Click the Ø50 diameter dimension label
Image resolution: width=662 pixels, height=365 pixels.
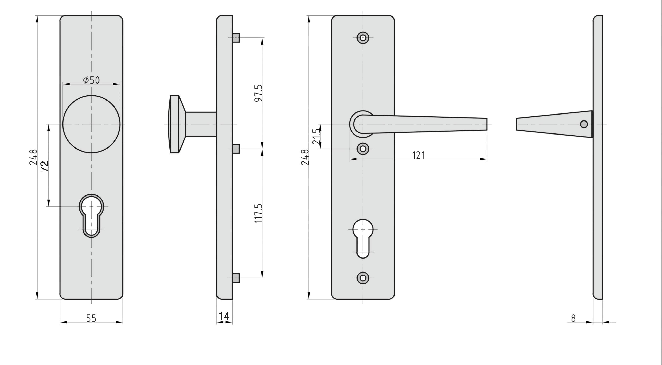click(91, 80)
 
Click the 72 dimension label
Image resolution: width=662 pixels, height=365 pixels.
click(44, 166)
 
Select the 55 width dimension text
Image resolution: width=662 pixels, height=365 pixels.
click(91, 318)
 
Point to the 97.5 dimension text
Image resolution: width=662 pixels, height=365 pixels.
click(258, 93)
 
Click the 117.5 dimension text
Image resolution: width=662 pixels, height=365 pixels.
click(258, 213)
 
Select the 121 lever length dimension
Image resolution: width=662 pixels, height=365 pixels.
click(418, 155)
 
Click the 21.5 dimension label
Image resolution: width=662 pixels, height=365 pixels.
click(316, 136)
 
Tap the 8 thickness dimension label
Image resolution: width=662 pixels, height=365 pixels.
click(573, 318)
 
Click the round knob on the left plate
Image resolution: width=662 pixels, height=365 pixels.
click(91, 124)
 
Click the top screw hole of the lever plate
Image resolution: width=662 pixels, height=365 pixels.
click(363, 38)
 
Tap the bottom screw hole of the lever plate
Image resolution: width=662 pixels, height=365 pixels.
click(363, 278)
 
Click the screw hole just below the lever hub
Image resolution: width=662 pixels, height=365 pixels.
click(363, 149)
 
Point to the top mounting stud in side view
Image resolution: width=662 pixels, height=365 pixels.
click(236, 38)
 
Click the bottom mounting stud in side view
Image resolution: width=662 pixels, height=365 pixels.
click(236, 278)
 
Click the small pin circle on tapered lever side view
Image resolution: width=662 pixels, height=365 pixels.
click(584, 124)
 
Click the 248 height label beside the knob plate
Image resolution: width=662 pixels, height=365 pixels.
click(33, 157)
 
